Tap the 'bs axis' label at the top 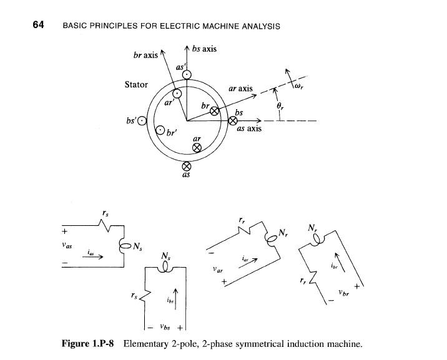pyautogui.click(x=204, y=49)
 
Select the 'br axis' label pyautogui.click(x=145, y=56)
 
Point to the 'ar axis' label pyautogui.click(x=240, y=89)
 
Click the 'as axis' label pyautogui.click(x=249, y=129)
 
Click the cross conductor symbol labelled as pyautogui.click(x=185, y=167)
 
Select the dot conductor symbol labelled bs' pyautogui.click(x=142, y=121)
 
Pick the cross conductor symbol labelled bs pyautogui.click(x=232, y=121)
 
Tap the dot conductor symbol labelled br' pyautogui.click(x=160, y=130)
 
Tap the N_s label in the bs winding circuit pyautogui.click(x=165, y=256)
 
